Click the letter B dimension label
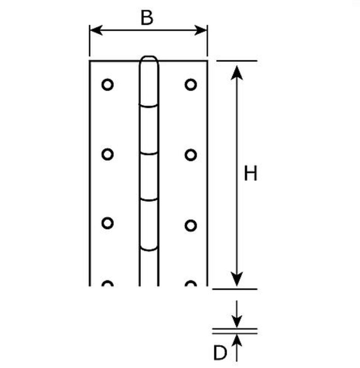point(147,17)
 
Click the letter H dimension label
point(251,173)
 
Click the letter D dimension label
point(220,353)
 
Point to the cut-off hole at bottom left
point(107,282)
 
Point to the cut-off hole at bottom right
point(191,282)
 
